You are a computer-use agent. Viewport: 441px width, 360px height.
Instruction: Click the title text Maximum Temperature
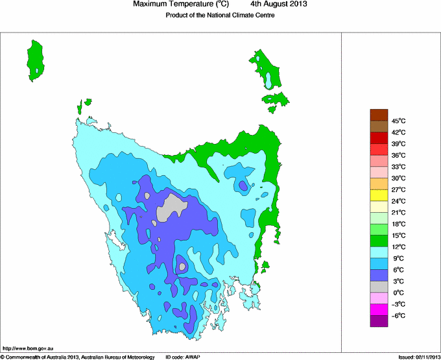tap(177, 5)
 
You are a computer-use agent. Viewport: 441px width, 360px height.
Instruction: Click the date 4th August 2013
tap(279, 5)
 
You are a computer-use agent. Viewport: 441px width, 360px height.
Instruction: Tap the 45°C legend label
tap(399, 121)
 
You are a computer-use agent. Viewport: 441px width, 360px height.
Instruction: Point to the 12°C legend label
tap(399, 246)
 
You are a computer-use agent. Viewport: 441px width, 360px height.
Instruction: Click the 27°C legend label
tap(399, 189)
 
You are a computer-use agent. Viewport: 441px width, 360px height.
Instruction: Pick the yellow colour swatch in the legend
tap(379, 195)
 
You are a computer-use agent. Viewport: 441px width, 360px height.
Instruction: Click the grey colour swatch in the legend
tap(379, 287)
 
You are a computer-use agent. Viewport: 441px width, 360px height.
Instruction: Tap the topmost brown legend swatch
tap(379, 115)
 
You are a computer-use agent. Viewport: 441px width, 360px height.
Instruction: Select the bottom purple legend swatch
tap(379, 320)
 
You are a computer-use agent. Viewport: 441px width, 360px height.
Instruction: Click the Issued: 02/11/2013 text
tap(419, 357)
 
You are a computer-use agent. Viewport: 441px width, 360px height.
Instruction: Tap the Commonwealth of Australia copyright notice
tap(78, 357)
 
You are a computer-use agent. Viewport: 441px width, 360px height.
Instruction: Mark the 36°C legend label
tap(399, 155)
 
